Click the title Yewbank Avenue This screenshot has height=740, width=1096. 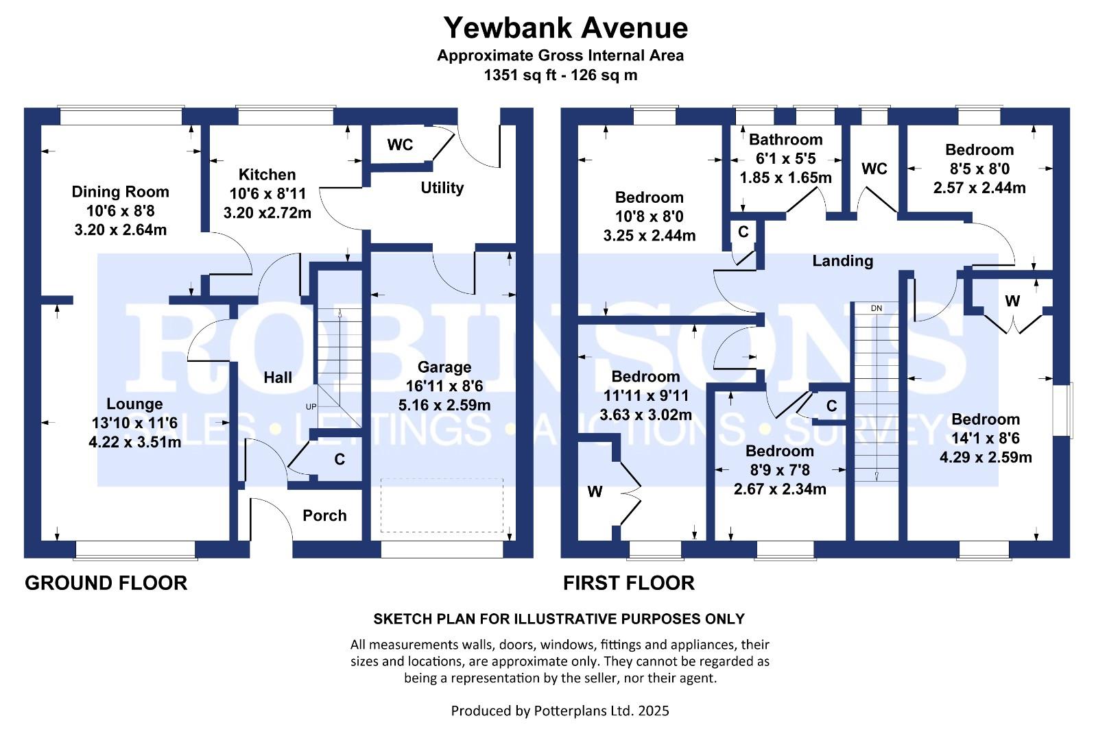tap(565, 28)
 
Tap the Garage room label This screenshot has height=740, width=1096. tap(444, 367)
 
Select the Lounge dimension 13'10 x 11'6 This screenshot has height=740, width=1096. tap(134, 423)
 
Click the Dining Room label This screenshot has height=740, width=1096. tap(120, 192)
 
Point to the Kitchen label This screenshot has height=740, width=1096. tap(267, 175)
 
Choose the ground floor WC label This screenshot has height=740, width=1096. tap(400, 145)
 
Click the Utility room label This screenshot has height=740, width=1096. tap(442, 188)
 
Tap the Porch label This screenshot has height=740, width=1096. tap(324, 516)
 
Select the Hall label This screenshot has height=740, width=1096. tap(278, 378)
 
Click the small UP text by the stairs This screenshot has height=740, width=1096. tap(311, 407)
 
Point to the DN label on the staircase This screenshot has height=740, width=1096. tap(876, 308)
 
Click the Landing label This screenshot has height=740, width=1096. tap(842, 261)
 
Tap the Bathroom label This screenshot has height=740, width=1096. tap(785, 140)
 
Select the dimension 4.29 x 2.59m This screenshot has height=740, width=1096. tap(986, 458)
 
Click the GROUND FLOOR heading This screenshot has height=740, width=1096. tap(106, 583)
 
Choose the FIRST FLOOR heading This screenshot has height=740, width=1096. tap(628, 583)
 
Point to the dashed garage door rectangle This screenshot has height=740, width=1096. tap(442, 505)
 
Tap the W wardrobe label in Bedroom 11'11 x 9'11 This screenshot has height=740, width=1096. tap(595, 492)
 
